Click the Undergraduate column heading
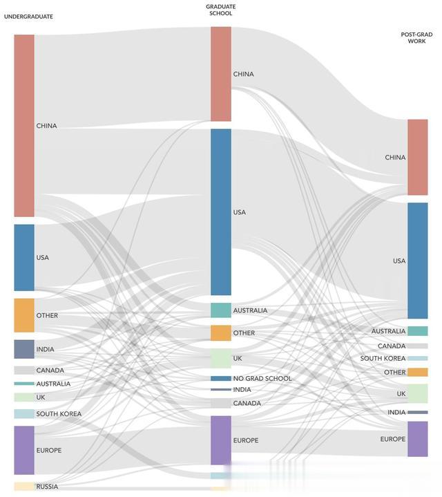coord(28,16)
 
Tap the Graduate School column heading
coord(220,10)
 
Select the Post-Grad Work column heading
coord(417,37)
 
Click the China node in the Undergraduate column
coord(24,126)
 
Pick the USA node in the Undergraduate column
coord(24,257)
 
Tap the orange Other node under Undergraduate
coord(24,315)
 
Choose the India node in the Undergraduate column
coord(24,349)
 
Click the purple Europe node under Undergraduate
coord(24,450)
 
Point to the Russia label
coord(47,487)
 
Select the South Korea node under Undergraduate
coord(24,414)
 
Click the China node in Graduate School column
coord(221,74)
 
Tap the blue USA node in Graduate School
coord(221,212)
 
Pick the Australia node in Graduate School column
coord(221,310)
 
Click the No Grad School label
coord(262,379)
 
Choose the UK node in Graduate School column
coord(221,358)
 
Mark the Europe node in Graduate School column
coord(221,440)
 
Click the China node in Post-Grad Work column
coord(418,158)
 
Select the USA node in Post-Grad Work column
coord(418,261)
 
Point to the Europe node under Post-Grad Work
coord(418,439)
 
